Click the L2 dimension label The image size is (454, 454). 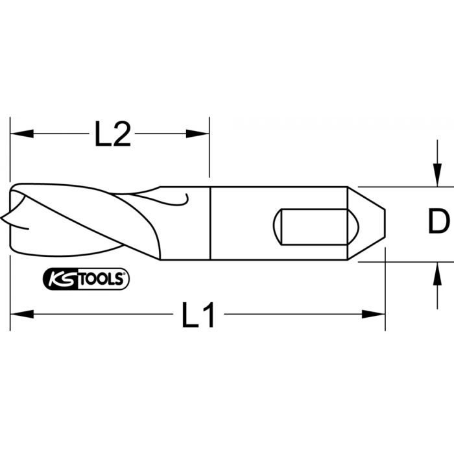pyautogui.click(x=113, y=135)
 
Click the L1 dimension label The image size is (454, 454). pyautogui.click(x=198, y=316)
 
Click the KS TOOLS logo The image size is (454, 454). pyautogui.click(x=87, y=279)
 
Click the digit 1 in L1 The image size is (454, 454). pyautogui.click(x=208, y=316)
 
